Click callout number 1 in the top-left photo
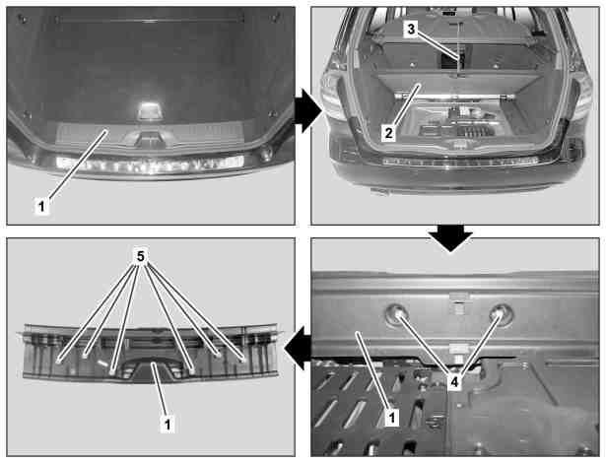[x=41, y=206]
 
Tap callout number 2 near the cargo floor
[x=388, y=133]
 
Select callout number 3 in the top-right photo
[x=411, y=29]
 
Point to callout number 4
[x=454, y=382]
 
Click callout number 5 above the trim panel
[x=140, y=256]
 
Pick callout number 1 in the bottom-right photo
[x=392, y=418]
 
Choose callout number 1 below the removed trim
[x=167, y=424]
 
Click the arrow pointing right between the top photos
[x=308, y=111]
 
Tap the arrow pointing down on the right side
[x=450, y=237]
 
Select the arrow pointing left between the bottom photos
[x=298, y=347]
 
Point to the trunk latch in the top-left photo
[x=147, y=138]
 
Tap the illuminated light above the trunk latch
[x=147, y=109]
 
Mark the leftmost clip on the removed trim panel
[x=59, y=361]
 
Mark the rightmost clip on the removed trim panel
[x=243, y=360]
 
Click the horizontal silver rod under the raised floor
[x=454, y=97]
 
